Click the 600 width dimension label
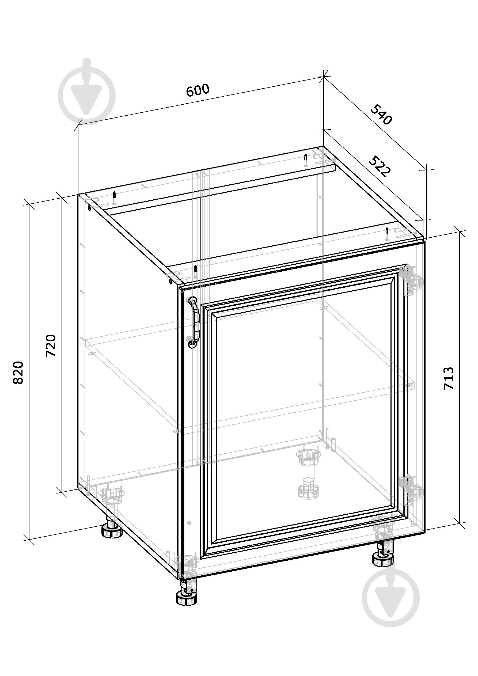point(198,90)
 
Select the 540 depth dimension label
point(381,115)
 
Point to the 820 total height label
point(18,372)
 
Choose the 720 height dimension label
point(51,346)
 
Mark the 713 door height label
point(449,378)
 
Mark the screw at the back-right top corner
point(386,234)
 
